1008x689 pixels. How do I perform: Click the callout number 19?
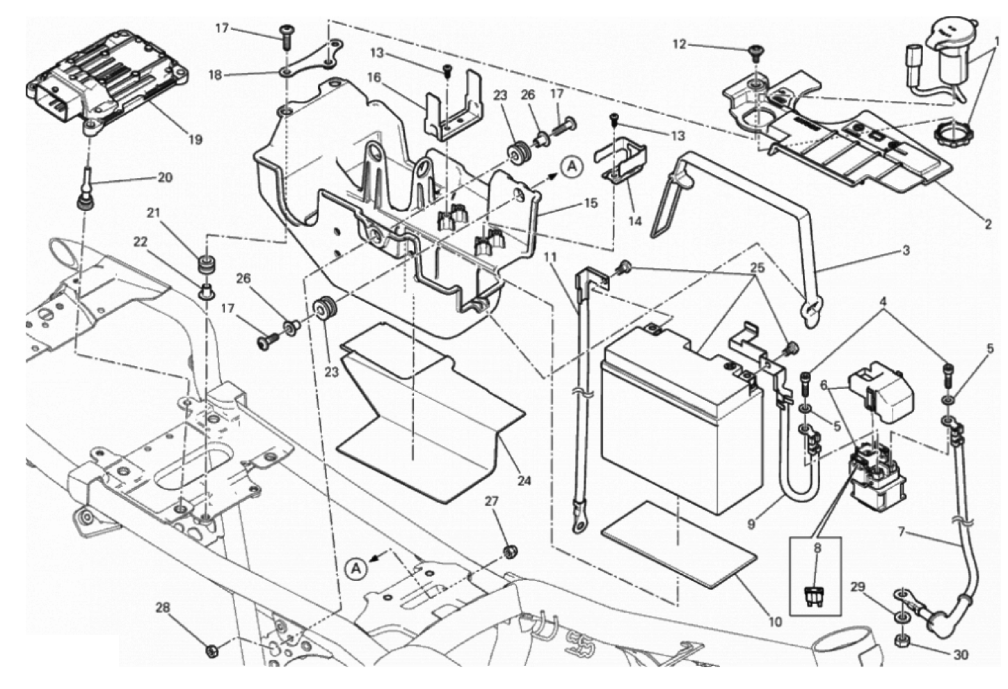point(195,140)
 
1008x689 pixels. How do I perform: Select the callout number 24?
point(525,480)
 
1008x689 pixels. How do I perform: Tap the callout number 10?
point(775,621)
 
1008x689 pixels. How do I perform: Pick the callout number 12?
point(679,45)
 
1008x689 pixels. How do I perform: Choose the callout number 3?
point(906,251)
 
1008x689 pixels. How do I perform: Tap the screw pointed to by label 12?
point(754,50)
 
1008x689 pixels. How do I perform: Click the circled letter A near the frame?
point(355,568)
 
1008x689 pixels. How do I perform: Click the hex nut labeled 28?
point(209,651)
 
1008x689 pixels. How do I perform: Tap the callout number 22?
point(141,241)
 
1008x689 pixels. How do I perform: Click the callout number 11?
point(551,257)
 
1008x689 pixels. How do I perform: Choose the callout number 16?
point(375,77)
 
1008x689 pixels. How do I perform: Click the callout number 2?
point(988,224)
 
